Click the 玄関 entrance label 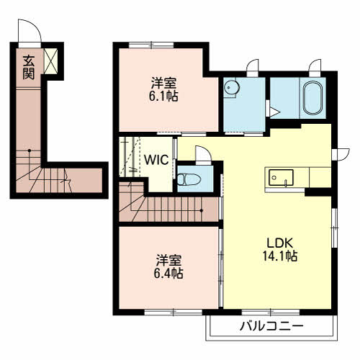coord(29,67)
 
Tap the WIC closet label coord(156,160)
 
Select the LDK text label coord(280,243)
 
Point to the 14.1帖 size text coord(280,256)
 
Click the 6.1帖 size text coord(163,96)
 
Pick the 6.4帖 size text coord(168,273)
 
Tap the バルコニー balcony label coord(271,326)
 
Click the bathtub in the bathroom coord(312,98)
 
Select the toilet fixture coord(189,179)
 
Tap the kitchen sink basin coord(281,178)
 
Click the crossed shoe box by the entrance coord(51,61)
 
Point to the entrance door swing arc coord(35,26)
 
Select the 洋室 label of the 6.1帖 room coord(163,83)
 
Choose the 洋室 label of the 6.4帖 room coord(168,260)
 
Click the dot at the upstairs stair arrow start coord(202,211)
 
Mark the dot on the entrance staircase coord(30,150)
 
